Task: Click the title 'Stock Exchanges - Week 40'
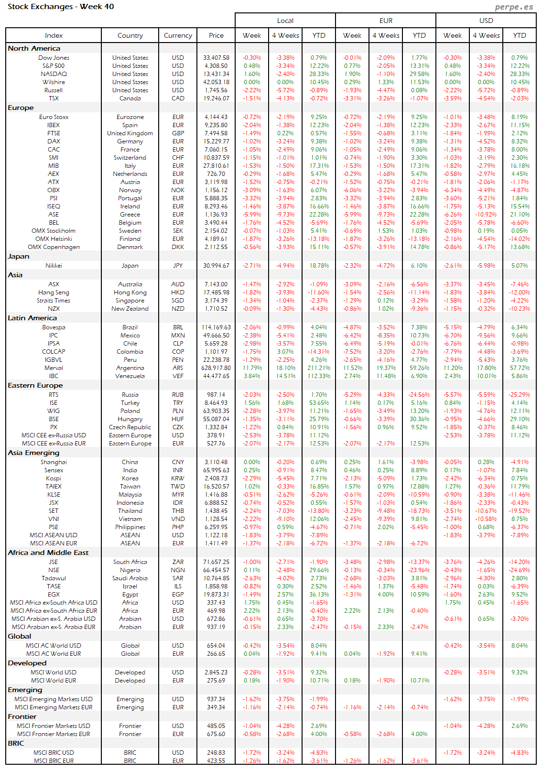[61, 7]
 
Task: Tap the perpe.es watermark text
[514, 7]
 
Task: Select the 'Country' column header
[130, 35]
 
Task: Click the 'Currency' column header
[178, 35]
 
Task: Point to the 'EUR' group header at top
[386, 21]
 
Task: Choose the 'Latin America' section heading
[32, 318]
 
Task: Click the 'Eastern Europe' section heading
[35, 385]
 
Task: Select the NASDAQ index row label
[54, 74]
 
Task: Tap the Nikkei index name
[54, 266]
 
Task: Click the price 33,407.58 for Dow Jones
[216, 58]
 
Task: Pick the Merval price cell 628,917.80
[216, 368]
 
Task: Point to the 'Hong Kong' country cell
[130, 293]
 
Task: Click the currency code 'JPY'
[178, 266]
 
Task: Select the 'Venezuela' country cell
[130, 376]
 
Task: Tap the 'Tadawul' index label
[54, 578]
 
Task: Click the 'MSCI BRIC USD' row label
[54, 753]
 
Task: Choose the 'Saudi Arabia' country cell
[130, 578]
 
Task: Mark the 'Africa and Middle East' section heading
[48, 553]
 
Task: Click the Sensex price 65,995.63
[216, 470]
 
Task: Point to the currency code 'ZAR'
[178, 562]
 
